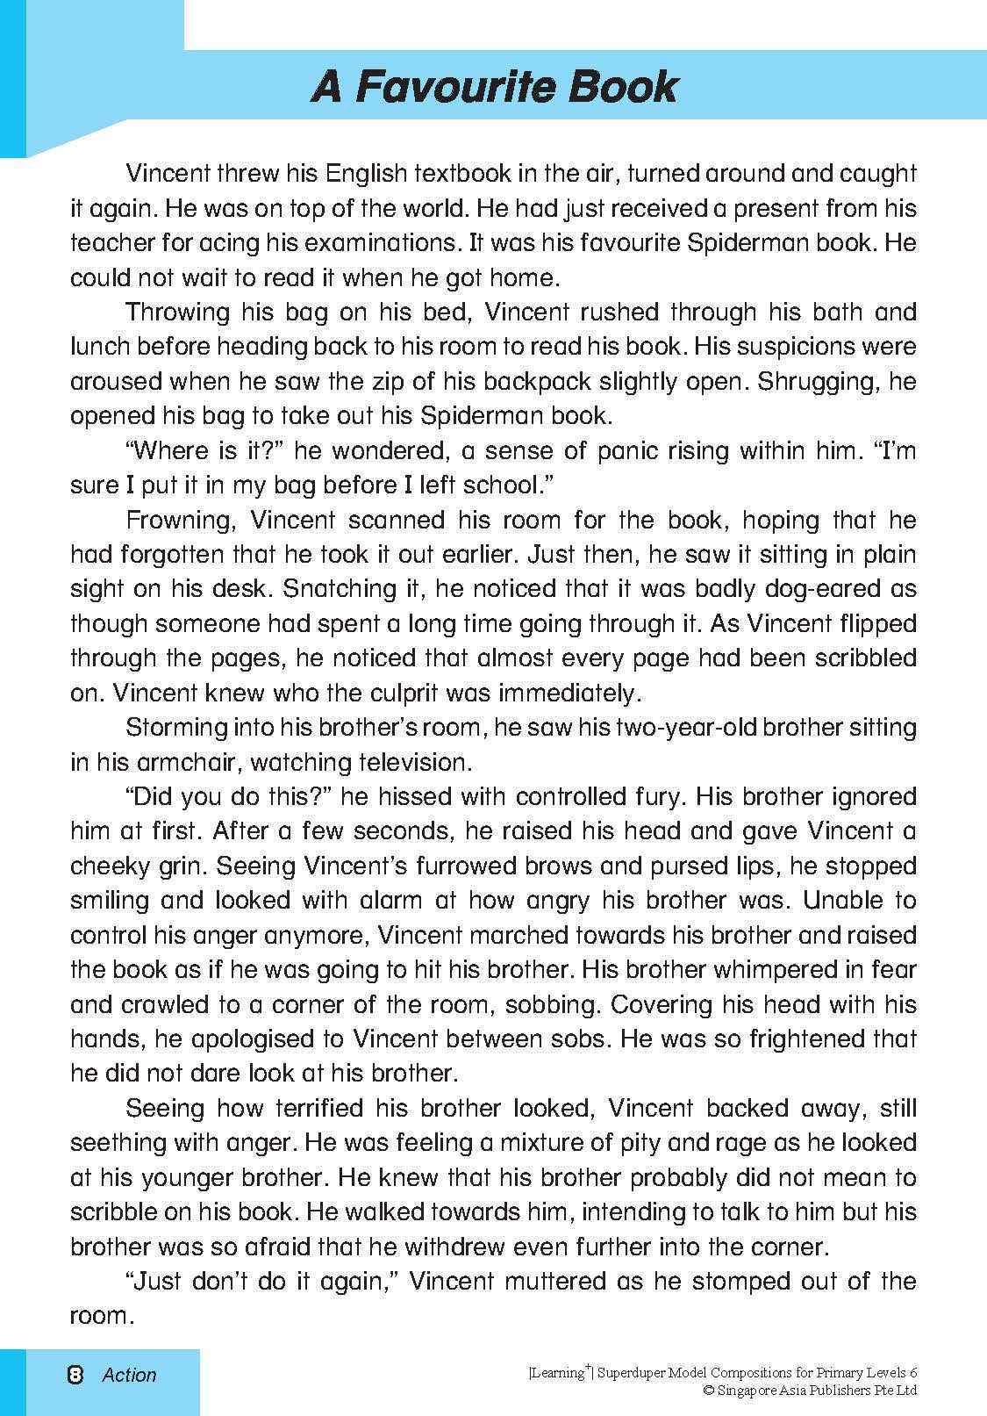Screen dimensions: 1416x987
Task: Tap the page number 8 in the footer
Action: click(75, 1375)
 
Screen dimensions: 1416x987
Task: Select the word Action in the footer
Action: click(129, 1376)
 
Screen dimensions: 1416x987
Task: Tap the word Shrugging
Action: click(820, 381)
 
